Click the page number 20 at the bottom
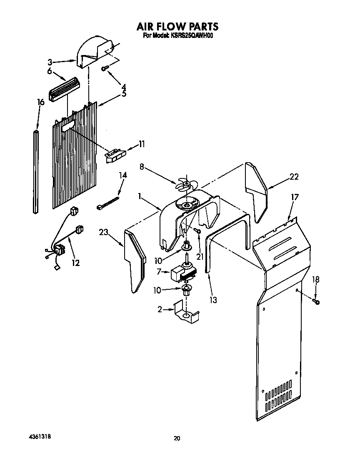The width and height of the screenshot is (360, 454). click(x=177, y=438)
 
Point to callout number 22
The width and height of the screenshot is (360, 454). click(x=294, y=177)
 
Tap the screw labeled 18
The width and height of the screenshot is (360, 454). click(x=317, y=301)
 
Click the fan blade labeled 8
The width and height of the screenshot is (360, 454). click(x=185, y=184)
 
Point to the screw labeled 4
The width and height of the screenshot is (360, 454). click(x=105, y=68)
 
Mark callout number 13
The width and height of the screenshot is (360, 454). click(x=213, y=299)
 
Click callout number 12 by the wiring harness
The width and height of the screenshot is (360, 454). click(x=75, y=263)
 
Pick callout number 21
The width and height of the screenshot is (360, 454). click(x=200, y=257)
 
